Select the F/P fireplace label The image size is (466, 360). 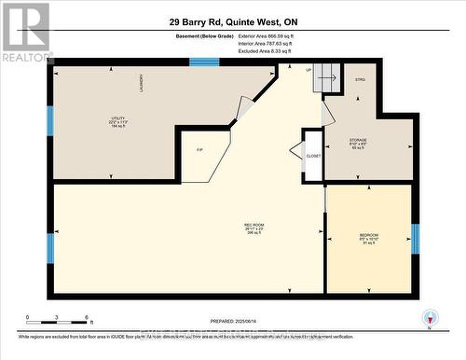click(x=199, y=149)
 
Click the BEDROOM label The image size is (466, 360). click(x=368, y=236)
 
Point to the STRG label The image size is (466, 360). click(x=360, y=80)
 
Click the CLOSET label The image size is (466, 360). click(x=312, y=156)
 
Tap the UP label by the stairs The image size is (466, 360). click(x=308, y=70)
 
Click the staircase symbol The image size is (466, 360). click(x=325, y=79)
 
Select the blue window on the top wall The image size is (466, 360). click(x=204, y=62)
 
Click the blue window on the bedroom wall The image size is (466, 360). click(x=416, y=239)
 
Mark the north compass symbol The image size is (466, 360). click(x=428, y=318)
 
